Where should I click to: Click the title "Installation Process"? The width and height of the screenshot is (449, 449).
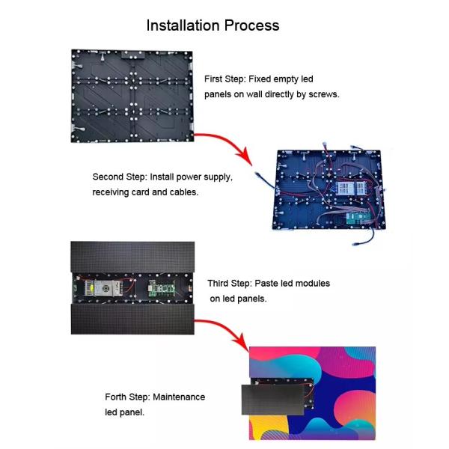[x=213, y=25]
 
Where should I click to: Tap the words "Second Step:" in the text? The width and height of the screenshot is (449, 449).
[x=119, y=177]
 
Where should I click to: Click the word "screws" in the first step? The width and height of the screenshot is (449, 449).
[x=323, y=95]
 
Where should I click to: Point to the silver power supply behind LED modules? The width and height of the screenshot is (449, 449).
[x=103, y=288]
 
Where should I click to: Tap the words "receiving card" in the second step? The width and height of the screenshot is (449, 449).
[x=121, y=192]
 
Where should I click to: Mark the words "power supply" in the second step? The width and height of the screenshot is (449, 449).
[x=207, y=177]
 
